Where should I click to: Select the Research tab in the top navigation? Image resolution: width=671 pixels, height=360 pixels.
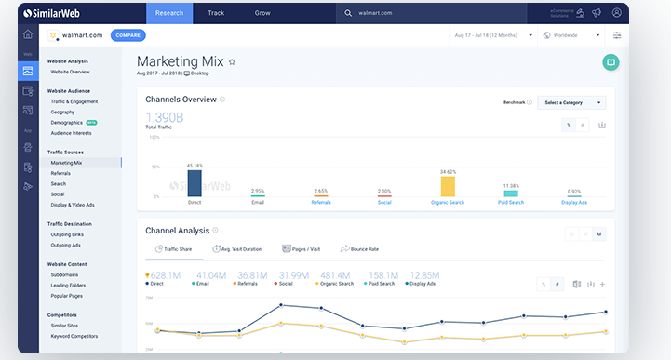[x=169, y=13]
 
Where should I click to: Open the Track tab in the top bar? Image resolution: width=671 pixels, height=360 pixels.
[x=216, y=13]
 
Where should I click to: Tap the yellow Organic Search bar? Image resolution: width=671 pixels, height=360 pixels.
[x=448, y=186]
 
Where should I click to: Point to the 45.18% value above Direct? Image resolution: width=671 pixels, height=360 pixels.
[x=195, y=166]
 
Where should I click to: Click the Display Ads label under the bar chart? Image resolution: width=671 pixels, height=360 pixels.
[x=574, y=202]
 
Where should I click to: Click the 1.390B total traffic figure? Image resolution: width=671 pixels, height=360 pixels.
[x=165, y=117]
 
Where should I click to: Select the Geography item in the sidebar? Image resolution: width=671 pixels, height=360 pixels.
[x=63, y=112]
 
